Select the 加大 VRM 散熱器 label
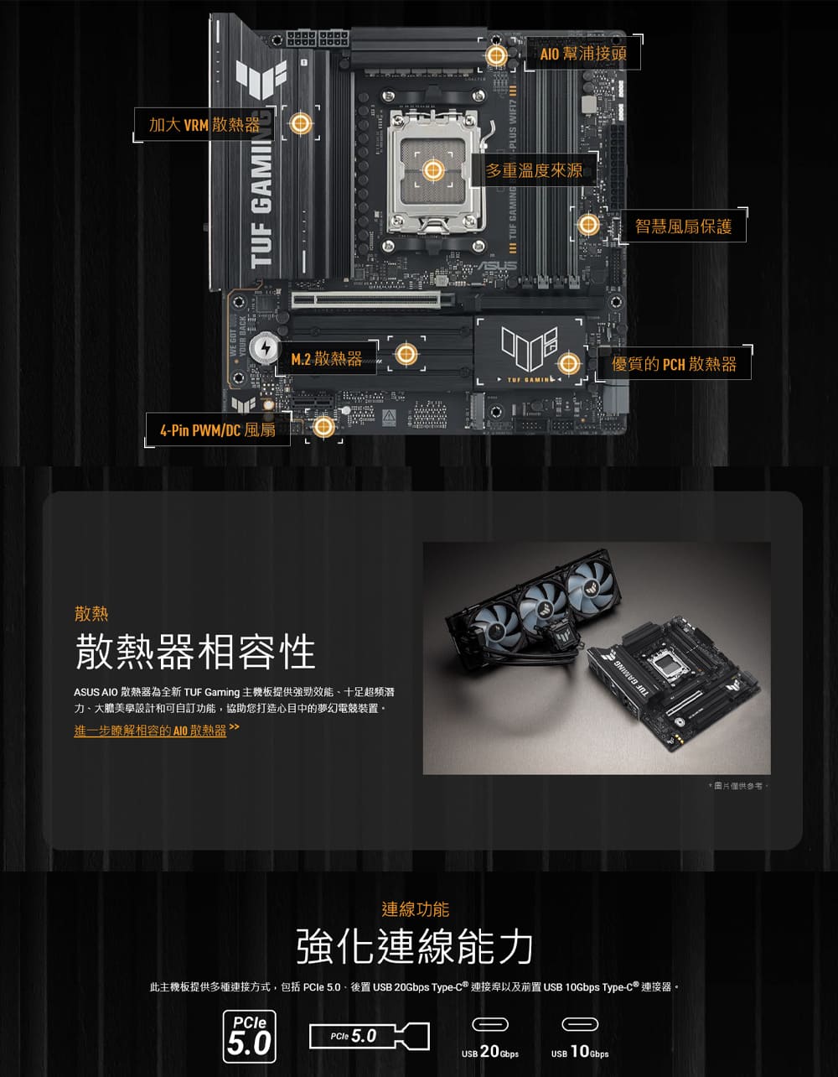(204, 125)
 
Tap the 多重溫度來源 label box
(535, 171)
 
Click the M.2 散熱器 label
(326, 359)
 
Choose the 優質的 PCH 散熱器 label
(674, 363)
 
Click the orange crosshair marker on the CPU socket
(432, 171)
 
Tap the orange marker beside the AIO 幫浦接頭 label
(496, 56)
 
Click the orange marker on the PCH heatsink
(568, 363)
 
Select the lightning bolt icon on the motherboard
(265, 346)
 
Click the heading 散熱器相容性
(195, 653)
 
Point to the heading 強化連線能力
(415, 946)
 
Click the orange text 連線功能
(415, 909)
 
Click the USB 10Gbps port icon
(579, 1024)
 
